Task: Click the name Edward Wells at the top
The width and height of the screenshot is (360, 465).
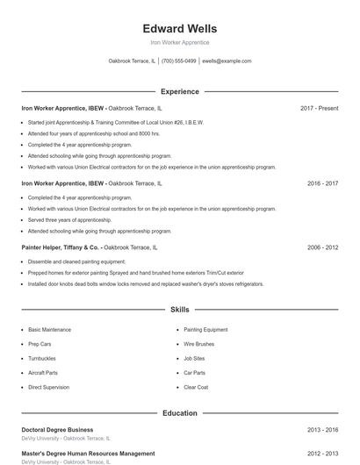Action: pyautogui.click(x=179, y=29)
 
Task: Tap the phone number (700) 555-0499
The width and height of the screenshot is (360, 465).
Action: pyautogui.click(x=179, y=61)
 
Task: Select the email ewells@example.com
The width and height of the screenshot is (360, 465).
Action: pyautogui.click(x=227, y=61)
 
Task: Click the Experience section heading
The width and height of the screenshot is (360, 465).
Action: pyautogui.click(x=179, y=91)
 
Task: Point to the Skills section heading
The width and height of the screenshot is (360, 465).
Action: pyautogui.click(x=179, y=310)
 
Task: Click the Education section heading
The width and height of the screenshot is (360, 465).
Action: pyautogui.click(x=179, y=412)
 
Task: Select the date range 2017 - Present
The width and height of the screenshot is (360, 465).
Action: pyautogui.click(x=319, y=109)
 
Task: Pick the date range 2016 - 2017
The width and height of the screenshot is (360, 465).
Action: pyautogui.click(x=322, y=184)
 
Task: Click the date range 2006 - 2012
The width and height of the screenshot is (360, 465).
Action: pyautogui.click(x=322, y=248)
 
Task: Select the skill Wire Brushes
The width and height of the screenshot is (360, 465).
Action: pyautogui.click(x=198, y=344)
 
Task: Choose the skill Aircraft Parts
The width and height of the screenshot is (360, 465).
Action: pyautogui.click(x=43, y=373)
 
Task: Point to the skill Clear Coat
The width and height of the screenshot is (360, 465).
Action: pyautogui.click(x=196, y=387)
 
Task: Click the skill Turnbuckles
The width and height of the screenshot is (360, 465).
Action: pyautogui.click(x=42, y=358)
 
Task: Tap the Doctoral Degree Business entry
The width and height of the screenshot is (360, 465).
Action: pyautogui.click(x=57, y=430)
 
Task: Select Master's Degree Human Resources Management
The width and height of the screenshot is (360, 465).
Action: pyautogui.click(x=88, y=454)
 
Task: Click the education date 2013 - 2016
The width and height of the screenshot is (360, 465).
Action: pyautogui.click(x=322, y=430)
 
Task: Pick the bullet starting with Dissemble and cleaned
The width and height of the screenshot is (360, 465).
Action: pyautogui.click(x=76, y=261)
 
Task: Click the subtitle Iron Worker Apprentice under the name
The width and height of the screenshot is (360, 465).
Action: pyautogui.click(x=179, y=42)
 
